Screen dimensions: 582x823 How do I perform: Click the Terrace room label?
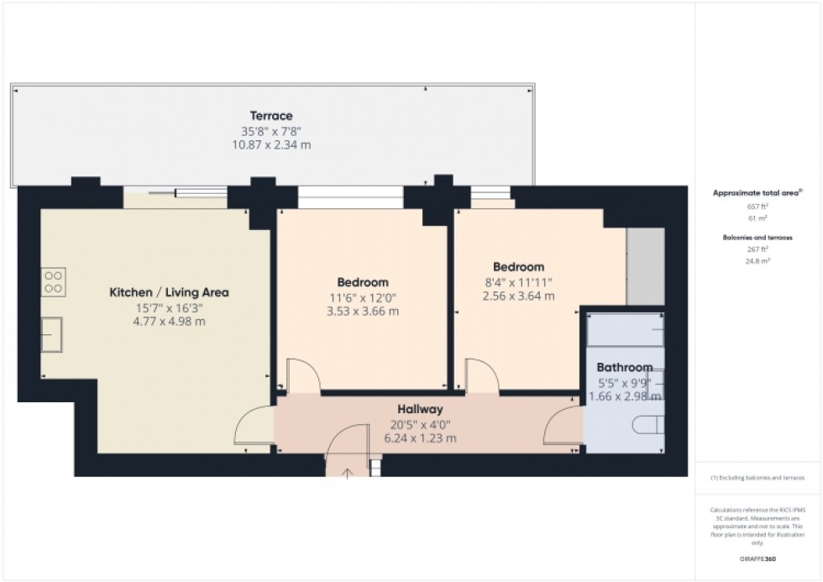pos(270,116)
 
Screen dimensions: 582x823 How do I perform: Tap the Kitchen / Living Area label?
pos(170,292)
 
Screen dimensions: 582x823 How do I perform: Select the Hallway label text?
pos(420,409)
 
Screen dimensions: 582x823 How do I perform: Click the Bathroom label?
pos(624,367)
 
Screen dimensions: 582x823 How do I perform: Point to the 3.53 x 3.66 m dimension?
pos(363,311)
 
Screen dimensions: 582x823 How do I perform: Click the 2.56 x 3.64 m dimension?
pos(518,296)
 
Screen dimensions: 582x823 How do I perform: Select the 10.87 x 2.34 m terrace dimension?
pos(270,144)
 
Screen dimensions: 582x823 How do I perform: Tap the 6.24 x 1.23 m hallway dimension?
pos(420,438)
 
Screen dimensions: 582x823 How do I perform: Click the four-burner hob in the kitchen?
pos(53,281)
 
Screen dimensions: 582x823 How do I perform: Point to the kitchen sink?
pos(52,336)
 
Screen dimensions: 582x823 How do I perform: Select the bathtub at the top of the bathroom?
pos(624,329)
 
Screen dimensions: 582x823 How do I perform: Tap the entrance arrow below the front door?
pos(348,473)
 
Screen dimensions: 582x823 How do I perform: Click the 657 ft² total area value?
pos(758,206)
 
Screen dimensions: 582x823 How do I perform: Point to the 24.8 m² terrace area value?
pos(758,260)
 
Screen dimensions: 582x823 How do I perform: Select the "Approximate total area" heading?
pos(757,193)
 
